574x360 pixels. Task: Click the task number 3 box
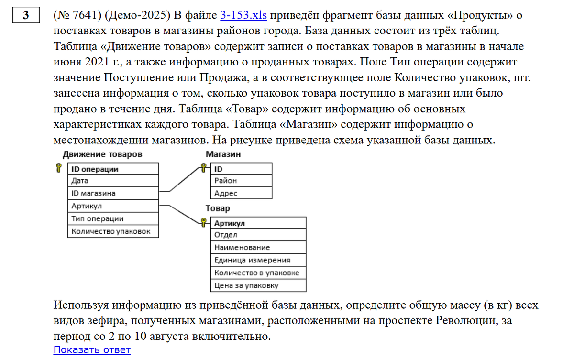pos(26,16)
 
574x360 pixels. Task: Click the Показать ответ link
pos(92,349)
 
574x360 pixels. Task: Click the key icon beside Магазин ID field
pos(203,168)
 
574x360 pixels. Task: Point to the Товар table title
pos(218,208)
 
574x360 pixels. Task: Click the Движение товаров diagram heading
pos(102,154)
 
